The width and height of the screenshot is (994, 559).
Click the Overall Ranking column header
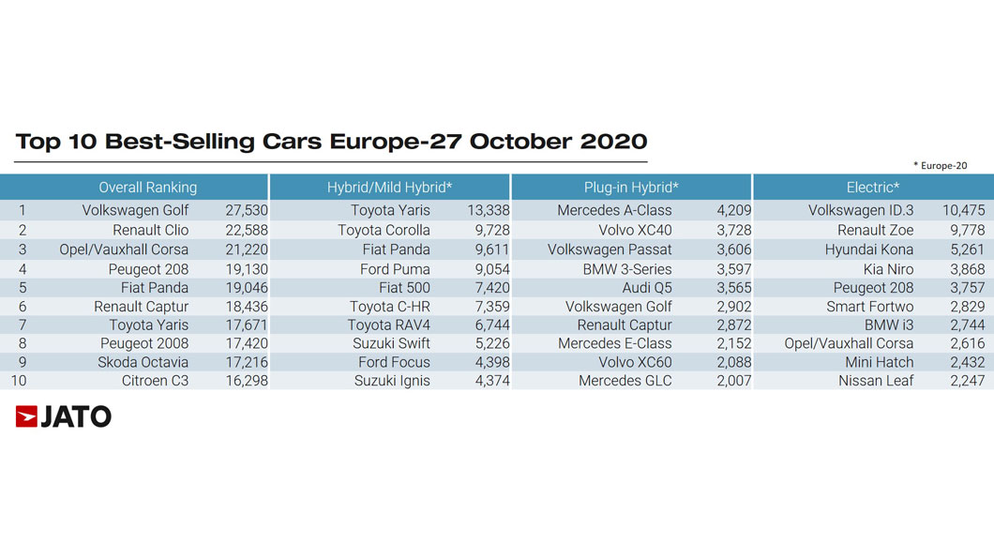click(148, 188)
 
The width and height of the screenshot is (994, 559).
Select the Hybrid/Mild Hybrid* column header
click(389, 188)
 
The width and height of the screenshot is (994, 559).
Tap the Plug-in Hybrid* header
click(631, 188)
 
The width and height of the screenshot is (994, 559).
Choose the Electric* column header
click(873, 188)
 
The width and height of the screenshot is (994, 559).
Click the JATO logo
click(64, 416)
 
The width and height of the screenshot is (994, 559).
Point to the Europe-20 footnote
click(941, 165)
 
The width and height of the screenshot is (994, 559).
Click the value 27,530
click(247, 210)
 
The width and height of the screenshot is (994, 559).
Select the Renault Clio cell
click(150, 230)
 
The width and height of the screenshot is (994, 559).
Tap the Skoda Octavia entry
click(143, 363)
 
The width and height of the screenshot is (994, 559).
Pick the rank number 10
click(19, 381)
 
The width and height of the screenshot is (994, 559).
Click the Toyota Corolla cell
click(384, 230)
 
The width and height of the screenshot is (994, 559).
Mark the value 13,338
click(489, 210)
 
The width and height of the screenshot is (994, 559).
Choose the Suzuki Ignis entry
click(392, 381)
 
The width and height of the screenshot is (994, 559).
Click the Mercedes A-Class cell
click(614, 210)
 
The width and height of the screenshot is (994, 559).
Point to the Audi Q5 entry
click(647, 288)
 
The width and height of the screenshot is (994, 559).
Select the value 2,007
click(734, 381)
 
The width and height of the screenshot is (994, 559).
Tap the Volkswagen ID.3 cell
click(861, 210)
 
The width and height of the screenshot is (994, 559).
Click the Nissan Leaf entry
click(876, 381)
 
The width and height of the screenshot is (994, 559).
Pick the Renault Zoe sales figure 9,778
click(968, 230)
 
